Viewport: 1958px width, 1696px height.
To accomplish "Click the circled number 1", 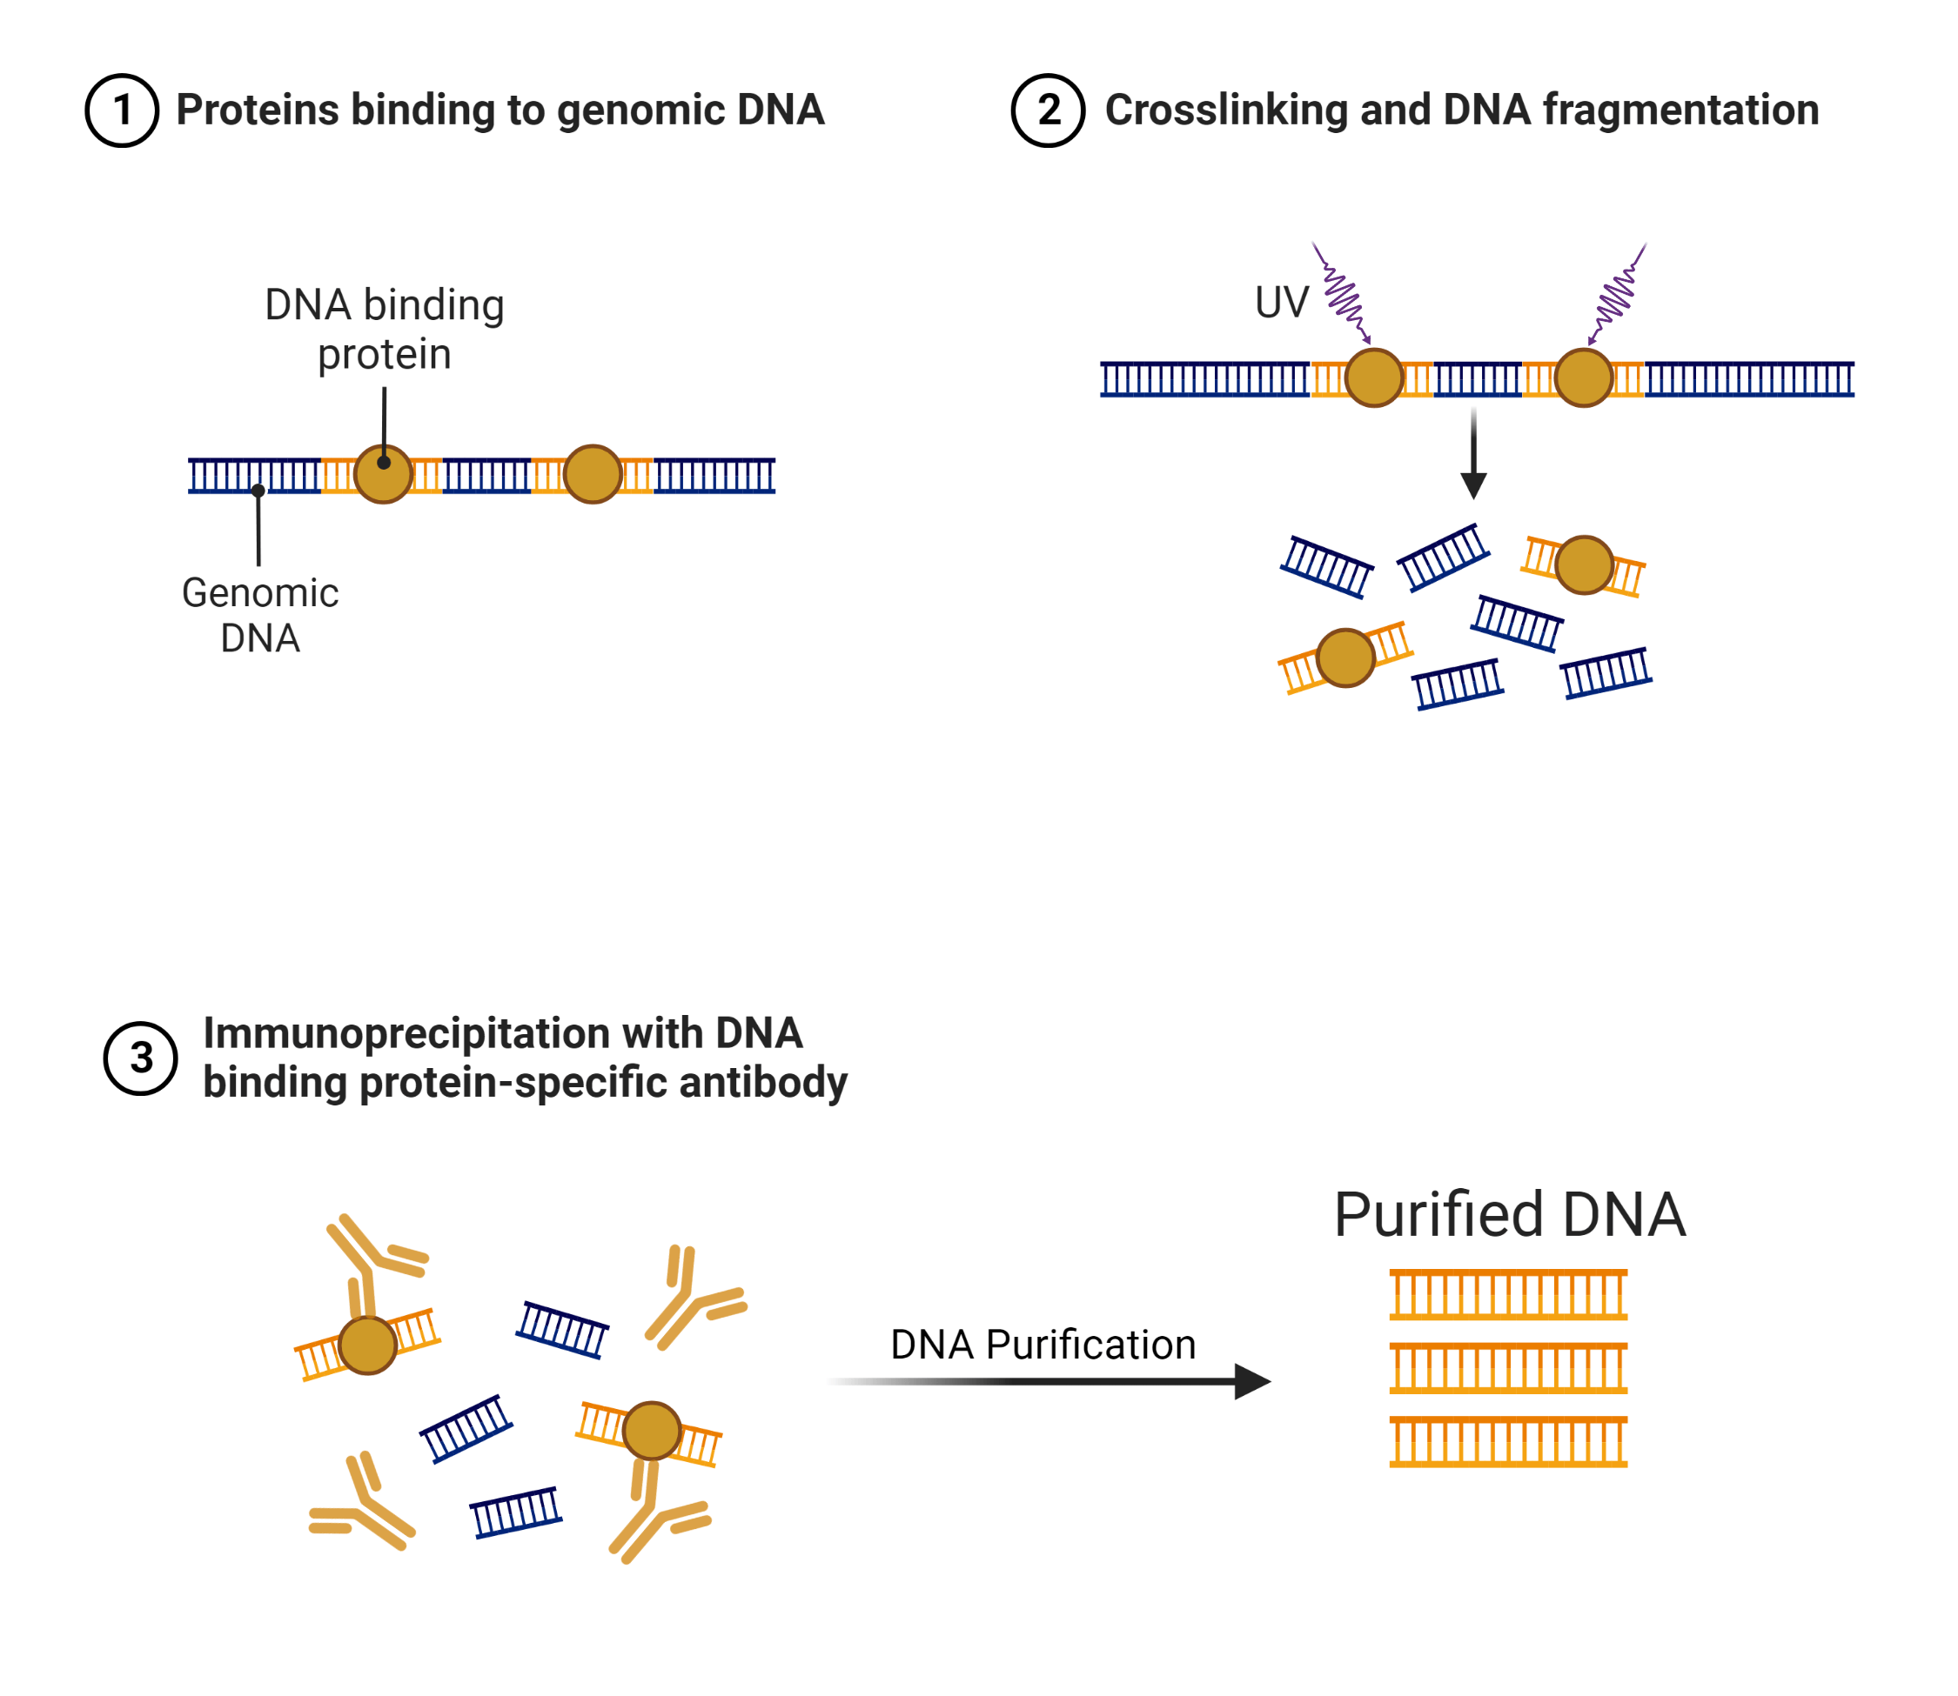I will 121,110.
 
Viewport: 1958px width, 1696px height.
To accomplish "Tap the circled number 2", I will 1047,110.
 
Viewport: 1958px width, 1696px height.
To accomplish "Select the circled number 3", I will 140,1058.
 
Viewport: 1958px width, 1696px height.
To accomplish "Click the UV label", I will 1281,303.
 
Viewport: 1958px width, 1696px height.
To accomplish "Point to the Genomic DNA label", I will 260,615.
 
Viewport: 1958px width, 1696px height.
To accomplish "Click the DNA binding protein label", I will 385,330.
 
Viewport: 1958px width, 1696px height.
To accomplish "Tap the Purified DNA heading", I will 1509,1214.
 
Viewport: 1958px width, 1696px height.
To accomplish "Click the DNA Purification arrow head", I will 1251,1382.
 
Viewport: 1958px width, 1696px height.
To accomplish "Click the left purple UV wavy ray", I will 1343,293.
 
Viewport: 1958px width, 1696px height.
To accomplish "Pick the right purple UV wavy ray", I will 1617,293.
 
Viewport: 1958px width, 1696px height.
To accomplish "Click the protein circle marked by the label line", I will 384,474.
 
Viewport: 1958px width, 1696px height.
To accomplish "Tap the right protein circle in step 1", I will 593,474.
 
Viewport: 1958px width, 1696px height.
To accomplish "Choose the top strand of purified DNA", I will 1508,1295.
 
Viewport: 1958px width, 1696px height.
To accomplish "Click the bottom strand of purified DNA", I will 1508,1442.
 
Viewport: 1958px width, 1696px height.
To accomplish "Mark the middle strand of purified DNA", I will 1508,1368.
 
